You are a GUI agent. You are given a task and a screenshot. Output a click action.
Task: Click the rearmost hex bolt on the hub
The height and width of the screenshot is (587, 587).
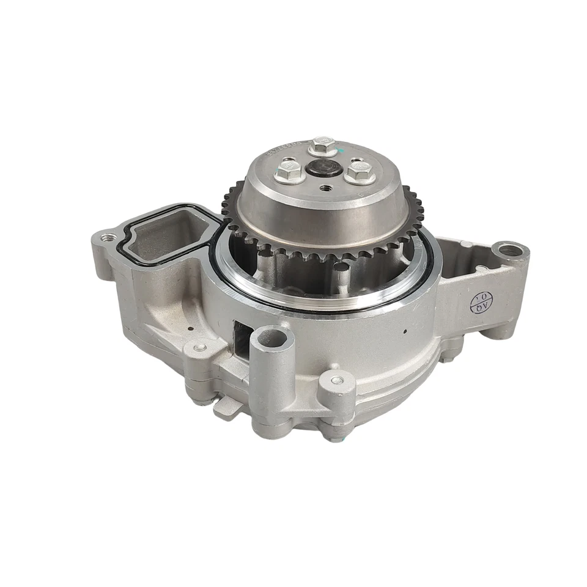click(322, 146)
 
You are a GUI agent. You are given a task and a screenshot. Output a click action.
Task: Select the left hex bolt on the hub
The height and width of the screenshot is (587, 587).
click(289, 172)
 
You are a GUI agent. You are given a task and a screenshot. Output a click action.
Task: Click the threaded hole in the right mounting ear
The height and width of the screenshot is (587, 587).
click(509, 250)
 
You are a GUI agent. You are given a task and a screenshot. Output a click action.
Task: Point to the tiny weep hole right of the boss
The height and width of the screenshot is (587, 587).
click(405, 334)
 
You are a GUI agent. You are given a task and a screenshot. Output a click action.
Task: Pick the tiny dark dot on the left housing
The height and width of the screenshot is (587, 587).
click(191, 328)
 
